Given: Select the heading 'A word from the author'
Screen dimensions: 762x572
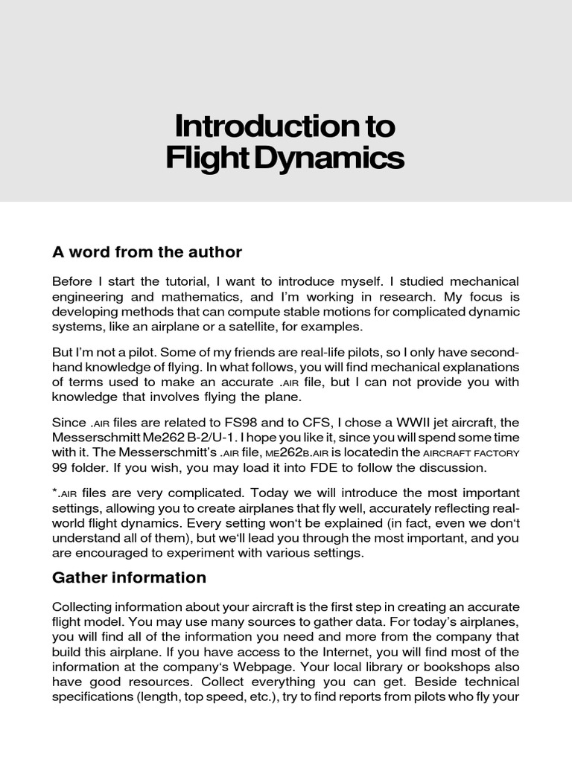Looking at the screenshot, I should coord(147,252).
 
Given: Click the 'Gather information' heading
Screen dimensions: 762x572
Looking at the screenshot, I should coord(129,577).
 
